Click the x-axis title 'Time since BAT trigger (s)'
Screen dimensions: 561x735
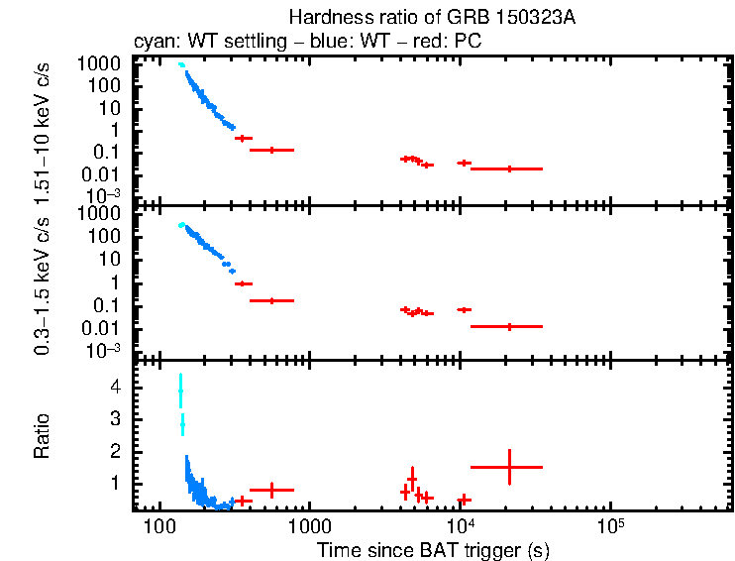tap(433, 549)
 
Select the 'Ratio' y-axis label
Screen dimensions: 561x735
tap(43, 436)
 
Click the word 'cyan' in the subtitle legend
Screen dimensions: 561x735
tap(154, 43)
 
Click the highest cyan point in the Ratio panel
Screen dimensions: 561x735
tap(180, 391)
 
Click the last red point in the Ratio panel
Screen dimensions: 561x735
tap(509, 467)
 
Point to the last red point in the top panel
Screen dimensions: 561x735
tap(509, 168)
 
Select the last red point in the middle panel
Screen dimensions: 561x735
tap(509, 326)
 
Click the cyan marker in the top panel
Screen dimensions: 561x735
tap(180, 64)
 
